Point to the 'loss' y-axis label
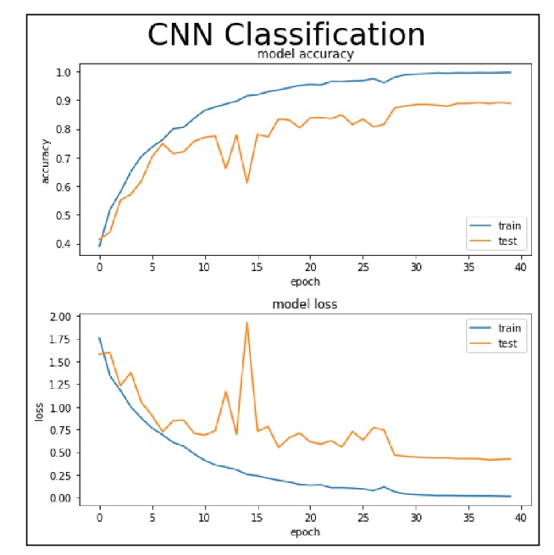(39, 410)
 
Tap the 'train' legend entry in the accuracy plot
(510, 225)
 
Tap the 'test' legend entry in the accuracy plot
(508, 241)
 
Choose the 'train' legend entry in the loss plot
(510, 328)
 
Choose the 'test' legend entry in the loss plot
(508, 344)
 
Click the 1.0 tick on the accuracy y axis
(75, 72)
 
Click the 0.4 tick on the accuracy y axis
(75, 243)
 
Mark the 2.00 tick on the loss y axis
(72, 316)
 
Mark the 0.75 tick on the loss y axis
(72, 430)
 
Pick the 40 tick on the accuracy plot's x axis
(521, 267)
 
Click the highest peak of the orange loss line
(247, 323)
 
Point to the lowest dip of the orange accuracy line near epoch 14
(247, 182)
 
